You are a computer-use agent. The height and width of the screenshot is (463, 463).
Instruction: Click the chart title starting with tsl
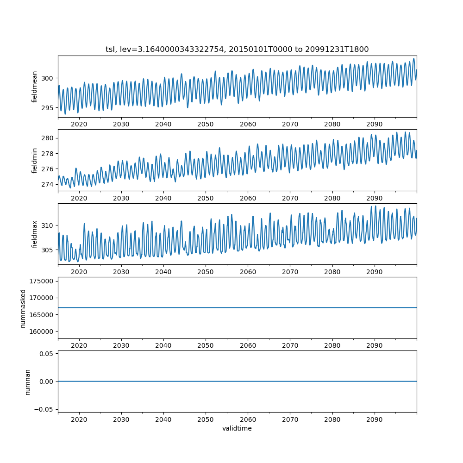237,49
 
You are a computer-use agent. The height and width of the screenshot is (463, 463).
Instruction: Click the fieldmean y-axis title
35,87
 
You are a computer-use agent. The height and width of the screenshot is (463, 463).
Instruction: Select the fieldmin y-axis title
35,160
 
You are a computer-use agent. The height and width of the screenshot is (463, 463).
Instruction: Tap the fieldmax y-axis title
35,234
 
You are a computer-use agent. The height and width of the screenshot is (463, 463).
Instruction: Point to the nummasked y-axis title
23,308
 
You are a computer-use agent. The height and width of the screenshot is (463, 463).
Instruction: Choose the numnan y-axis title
28,382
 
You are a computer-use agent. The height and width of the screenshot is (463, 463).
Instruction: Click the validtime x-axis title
237,429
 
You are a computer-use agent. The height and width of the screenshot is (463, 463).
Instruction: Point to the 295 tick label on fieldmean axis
47,108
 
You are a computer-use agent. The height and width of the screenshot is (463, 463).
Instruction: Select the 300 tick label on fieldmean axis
47,78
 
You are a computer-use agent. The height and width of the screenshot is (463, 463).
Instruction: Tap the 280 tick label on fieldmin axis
47,138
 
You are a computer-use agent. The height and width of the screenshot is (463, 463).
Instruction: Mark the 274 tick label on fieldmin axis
47,184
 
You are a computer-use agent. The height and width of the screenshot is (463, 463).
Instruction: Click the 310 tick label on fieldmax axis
47,225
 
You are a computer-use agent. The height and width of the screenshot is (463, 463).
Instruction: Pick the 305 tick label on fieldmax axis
47,250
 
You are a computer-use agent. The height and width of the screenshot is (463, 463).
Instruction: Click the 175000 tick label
42,281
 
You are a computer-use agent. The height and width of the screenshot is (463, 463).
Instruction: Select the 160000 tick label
42,332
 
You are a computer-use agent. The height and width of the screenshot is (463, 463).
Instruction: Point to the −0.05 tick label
44,409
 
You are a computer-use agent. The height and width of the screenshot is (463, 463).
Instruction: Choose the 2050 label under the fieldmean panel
206,125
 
